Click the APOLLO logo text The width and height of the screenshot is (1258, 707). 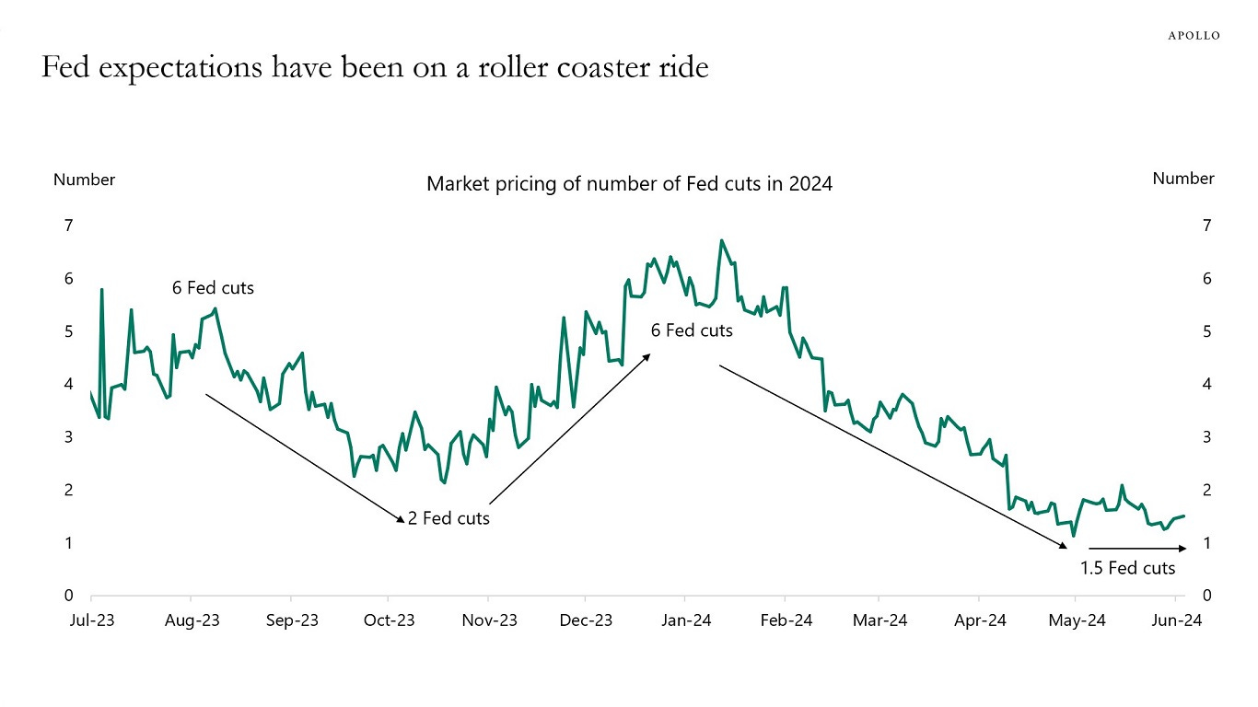[1194, 35]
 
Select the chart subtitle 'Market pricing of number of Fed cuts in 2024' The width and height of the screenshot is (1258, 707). [629, 184]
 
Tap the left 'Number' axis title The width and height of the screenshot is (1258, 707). [84, 180]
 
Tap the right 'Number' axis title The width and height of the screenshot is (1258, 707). [1183, 179]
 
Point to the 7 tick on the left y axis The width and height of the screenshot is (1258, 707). [67, 226]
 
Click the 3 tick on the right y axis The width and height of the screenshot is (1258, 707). [1208, 437]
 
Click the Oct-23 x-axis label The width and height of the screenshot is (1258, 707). [390, 620]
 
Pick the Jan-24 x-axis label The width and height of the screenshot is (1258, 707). [686, 620]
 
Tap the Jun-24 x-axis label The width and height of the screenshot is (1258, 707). [1179, 620]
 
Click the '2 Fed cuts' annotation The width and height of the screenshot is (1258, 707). [448, 519]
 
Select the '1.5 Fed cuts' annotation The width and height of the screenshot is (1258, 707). [1128, 568]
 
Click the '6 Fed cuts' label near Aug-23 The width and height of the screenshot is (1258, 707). [213, 288]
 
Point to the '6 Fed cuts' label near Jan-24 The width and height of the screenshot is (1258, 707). [692, 330]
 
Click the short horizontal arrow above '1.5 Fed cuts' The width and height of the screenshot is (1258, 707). [1137, 549]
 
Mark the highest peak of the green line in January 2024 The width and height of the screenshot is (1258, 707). [721, 241]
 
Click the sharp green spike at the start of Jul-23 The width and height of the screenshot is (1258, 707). [101, 290]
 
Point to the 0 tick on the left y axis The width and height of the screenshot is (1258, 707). [67, 597]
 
